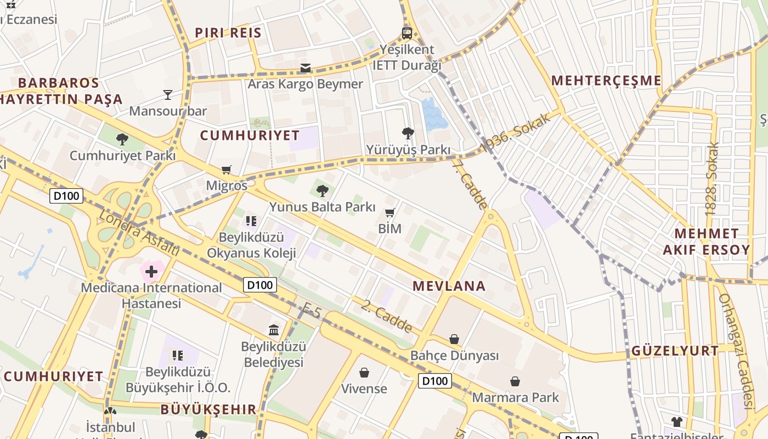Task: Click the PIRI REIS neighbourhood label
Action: (x=228, y=32)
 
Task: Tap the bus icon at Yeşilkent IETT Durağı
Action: (x=406, y=33)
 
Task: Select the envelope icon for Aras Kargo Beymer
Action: (x=306, y=69)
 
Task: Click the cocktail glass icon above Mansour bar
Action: (x=168, y=95)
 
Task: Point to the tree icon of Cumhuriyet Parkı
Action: (x=122, y=139)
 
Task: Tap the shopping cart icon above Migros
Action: (x=227, y=170)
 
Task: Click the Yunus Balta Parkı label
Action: (x=322, y=207)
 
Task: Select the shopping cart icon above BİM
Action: (x=390, y=213)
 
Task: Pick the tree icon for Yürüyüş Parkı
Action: (x=408, y=133)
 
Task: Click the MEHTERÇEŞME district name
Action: (x=606, y=81)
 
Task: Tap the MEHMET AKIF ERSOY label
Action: (x=706, y=241)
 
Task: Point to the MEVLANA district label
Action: (x=449, y=286)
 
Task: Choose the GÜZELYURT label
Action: (x=675, y=351)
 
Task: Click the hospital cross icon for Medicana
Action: (x=151, y=272)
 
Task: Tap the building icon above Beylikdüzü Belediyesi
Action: (x=274, y=330)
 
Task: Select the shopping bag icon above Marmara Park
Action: (x=515, y=381)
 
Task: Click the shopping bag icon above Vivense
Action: (x=364, y=373)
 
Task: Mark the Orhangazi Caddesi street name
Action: (x=735, y=351)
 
